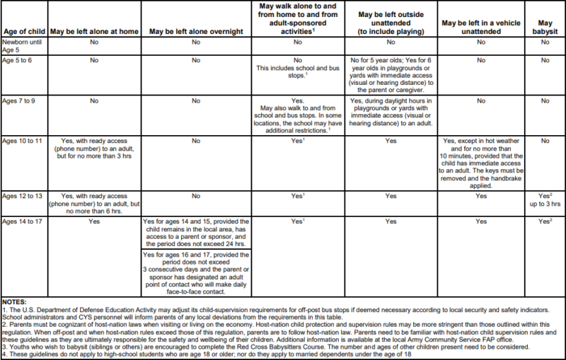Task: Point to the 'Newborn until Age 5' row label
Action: click(17, 46)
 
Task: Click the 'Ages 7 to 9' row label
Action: click(18, 101)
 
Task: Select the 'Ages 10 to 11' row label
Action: click(21, 141)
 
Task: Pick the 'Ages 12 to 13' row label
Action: click(21, 195)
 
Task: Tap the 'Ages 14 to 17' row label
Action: click(21, 221)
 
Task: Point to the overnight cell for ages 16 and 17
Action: click(194, 272)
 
